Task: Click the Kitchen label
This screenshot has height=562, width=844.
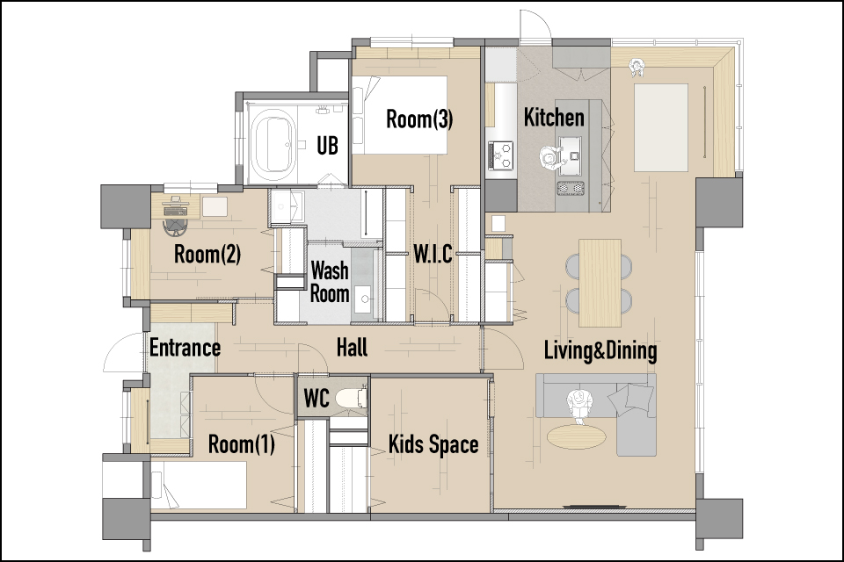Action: (554, 118)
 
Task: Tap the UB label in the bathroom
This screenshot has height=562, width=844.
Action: (327, 145)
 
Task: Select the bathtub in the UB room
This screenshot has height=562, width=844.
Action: (276, 142)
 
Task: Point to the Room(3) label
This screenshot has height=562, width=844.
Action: (419, 119)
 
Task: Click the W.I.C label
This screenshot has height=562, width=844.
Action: (433, 254)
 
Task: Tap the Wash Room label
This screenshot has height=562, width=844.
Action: (330, 282)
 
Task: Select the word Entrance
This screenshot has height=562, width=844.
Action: (185, 348)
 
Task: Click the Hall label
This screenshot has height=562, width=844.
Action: (352, 348)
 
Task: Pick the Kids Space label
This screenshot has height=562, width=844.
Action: (433, 444)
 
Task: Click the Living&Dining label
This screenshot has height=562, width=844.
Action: (600, 350)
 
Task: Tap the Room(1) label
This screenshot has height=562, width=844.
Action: (241, 444)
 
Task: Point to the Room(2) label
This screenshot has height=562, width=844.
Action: (207, 255)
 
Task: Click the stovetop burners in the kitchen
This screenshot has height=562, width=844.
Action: (500, 154)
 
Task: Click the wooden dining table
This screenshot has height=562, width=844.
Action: (600, 283)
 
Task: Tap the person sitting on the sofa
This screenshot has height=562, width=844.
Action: (579, 406)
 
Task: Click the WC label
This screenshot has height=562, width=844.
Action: (316, 399)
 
